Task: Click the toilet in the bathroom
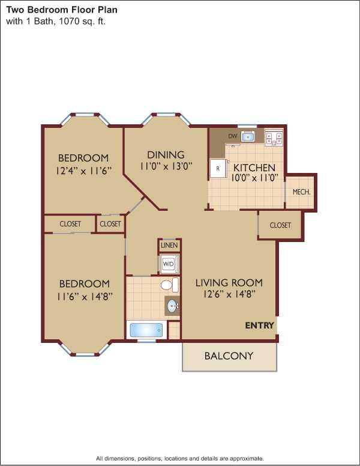coord(170,285)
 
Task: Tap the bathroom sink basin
coord(172,306)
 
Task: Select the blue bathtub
coord(146,330)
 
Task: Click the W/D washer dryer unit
coord(169,264)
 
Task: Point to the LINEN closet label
coord(169,246)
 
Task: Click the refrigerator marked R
coord(218,169)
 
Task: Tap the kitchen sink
coord(248,136)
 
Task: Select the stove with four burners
coord(274,137)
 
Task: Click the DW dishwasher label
coord(233,136)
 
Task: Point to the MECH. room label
coord(301,192)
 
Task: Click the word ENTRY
coord(259,325)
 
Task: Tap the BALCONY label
coord(229,356)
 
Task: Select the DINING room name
coord(166,155)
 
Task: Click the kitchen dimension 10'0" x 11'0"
coord(254,178)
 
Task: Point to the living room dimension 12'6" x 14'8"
coord(229,294)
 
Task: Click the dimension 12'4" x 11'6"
coord(84,171)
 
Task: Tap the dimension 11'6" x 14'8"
coord(85,297)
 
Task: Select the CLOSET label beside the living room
coord(280,225)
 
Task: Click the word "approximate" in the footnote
coord(247,458)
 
